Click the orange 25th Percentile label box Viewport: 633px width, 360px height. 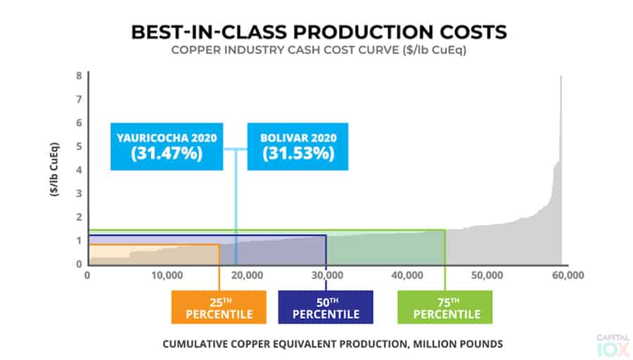click(x=219, y=307)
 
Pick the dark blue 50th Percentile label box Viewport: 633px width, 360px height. click(x=326, y=307)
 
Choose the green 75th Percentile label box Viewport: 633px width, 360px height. click(x=445, y=307)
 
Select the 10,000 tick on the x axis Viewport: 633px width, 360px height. click(x=167, y=275)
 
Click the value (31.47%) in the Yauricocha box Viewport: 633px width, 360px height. click(x=167, y=153)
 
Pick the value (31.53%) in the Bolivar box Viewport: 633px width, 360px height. click(x=298, y=153)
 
